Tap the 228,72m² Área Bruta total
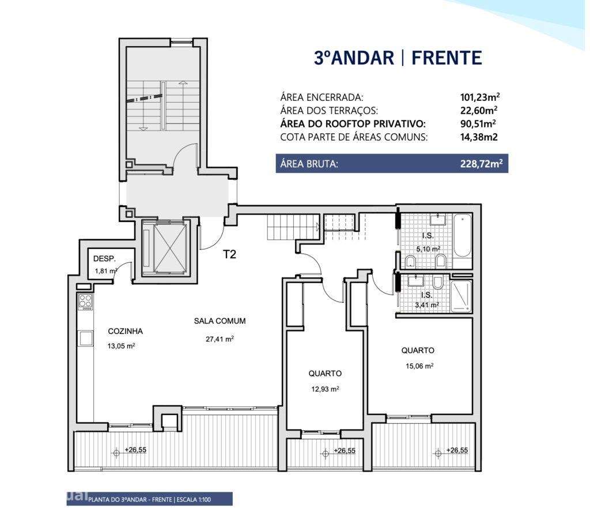tap(481, 164)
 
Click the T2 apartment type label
tap(230, 254)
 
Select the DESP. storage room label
tap(105, 258)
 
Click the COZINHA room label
tap(125, 332)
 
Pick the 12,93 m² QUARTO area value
tap(325, 389)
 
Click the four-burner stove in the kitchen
tap(85, 301)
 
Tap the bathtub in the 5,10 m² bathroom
tap(462, 236)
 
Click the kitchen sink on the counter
tap(85, 339)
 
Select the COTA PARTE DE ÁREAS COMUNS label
tap(354, 137)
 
